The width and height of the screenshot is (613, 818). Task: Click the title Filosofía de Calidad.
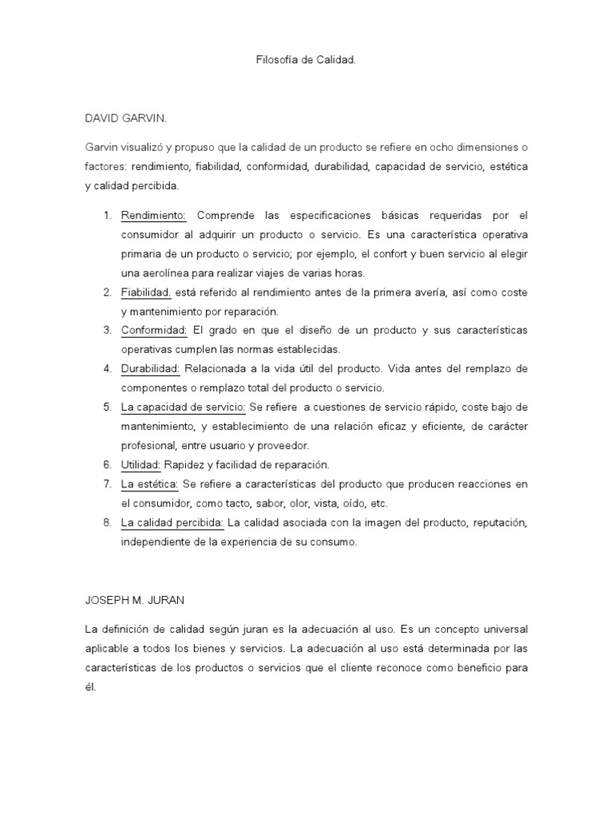(306, 60)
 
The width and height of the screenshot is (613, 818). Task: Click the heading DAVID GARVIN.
(126, 118)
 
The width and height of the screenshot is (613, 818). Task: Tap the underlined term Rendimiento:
(153, 215)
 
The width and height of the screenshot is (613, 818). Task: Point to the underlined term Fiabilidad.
(146, 292)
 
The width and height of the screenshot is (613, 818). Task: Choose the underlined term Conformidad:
(154, 330)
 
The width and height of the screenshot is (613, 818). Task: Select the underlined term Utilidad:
(141, 464)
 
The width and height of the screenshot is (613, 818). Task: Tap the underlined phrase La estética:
(150, 484)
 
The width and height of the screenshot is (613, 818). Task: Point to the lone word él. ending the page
(90, 686)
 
